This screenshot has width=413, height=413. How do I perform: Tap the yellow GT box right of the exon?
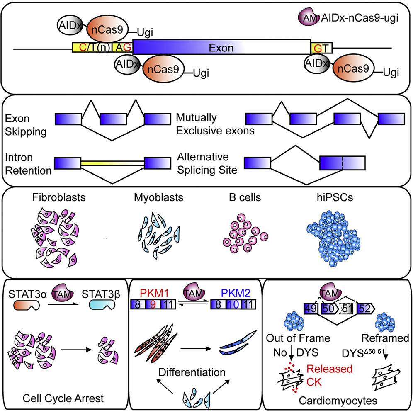(321, 48)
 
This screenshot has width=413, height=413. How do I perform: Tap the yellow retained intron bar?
(112, 162)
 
